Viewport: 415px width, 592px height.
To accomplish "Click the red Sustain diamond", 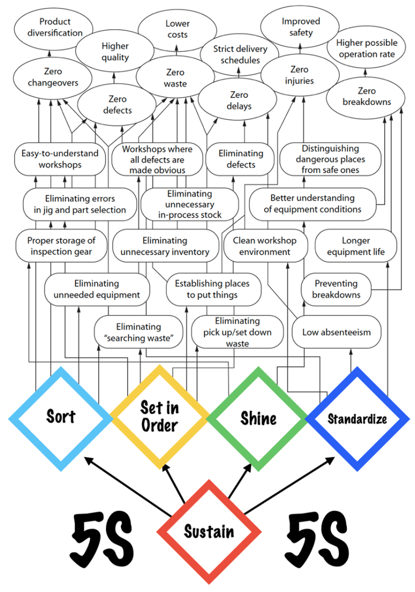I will point(209,532).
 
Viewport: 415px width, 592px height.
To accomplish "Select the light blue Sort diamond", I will point(61,416).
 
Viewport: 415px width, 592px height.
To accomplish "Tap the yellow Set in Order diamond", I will point(159,416).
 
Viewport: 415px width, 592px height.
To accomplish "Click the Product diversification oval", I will point(55,27).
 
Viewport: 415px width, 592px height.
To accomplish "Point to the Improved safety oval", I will point(300,26).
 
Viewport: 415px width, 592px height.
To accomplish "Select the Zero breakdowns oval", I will point(366,96).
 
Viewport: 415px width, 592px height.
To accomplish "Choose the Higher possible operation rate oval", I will point(366,48).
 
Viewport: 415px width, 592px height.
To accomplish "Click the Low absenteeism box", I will point(336,332).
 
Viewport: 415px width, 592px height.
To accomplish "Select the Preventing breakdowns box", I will point(336,289).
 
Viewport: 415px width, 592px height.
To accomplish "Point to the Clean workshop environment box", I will point(265,246).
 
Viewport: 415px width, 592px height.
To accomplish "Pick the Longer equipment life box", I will point(356,246).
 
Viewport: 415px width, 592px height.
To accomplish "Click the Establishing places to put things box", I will point(212,289).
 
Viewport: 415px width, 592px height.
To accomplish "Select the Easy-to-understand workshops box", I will point(59,159).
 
